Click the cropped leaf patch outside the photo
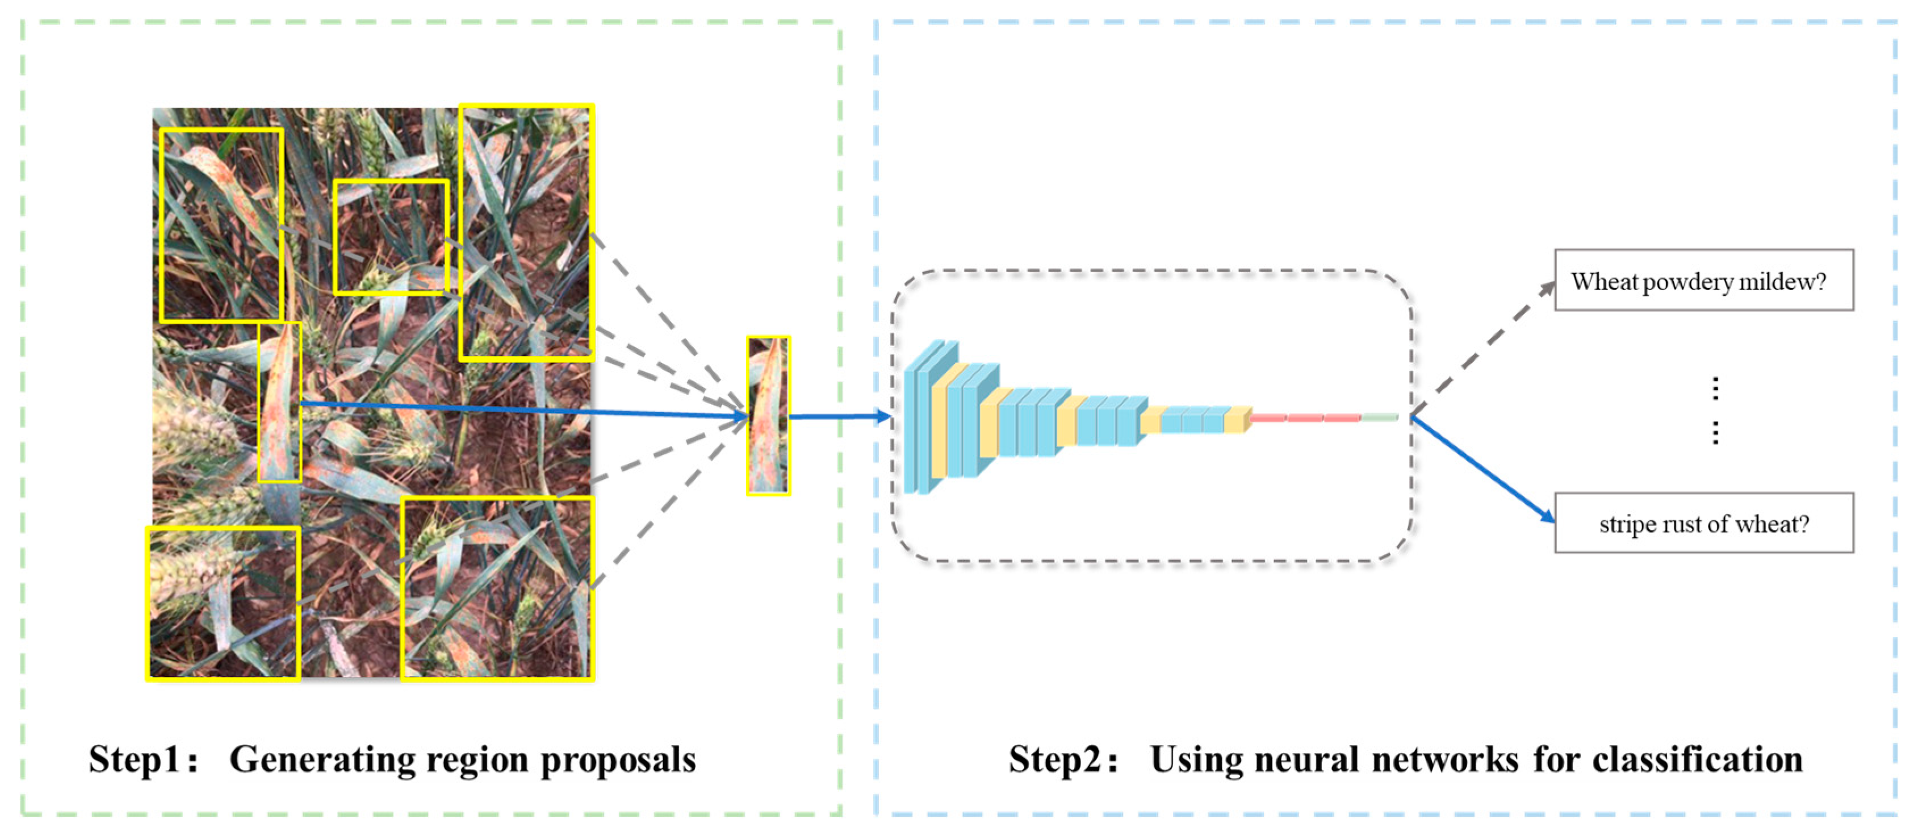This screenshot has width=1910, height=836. [x=768, y=415]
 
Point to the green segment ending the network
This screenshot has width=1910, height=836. [x=1379, y=417]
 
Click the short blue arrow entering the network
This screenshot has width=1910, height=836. [x=838, y=416]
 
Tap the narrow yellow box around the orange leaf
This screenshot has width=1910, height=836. [x=279, y=402]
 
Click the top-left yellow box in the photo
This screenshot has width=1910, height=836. [x=221, y=225]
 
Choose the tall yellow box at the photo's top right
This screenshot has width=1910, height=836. [x=526, y=232]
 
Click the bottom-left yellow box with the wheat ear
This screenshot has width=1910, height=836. [x=223, y=603]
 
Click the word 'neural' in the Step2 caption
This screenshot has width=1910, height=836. [x=1305, y=759]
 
